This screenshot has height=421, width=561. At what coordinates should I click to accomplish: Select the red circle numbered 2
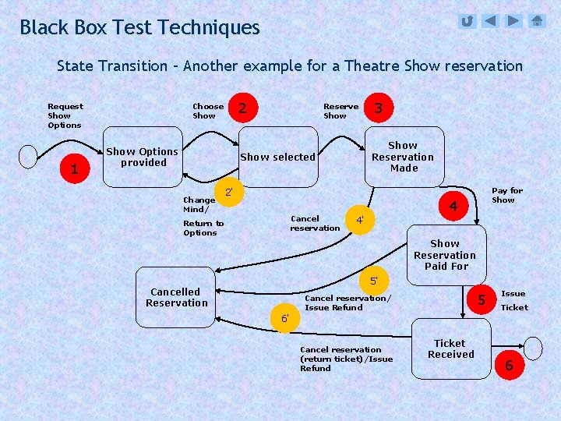pos(243,108)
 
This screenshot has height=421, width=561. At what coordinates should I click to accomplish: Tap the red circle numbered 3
pos(378,108)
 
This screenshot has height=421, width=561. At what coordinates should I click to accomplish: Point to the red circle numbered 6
pos(509,365)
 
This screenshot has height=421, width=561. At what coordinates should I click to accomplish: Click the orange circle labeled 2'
pos(228,192)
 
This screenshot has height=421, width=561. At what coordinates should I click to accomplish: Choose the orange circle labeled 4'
pos(360,220)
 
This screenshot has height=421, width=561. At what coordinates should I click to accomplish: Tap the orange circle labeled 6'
pos(285,318)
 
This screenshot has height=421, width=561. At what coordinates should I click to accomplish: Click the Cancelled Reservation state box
pos(177,297)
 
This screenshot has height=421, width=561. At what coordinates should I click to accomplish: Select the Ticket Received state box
pos(450,348)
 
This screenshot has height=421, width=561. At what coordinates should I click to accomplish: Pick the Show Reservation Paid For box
pos(445,255)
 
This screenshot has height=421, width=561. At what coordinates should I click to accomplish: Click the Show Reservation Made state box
pos(403,156)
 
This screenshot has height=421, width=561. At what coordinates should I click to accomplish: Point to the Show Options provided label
pos(143,157)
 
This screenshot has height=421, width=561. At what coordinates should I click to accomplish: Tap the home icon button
pos(538,21)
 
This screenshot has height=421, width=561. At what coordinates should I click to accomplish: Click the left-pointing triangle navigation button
pos(490,21)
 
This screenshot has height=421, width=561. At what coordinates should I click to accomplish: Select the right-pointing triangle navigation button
pos(513,21)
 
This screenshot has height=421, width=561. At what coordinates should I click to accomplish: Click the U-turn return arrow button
pos(467,21)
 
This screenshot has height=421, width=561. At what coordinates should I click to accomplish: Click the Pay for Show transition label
pos(506,195)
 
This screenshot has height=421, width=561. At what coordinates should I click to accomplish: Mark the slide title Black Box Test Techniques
pos(139,27)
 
